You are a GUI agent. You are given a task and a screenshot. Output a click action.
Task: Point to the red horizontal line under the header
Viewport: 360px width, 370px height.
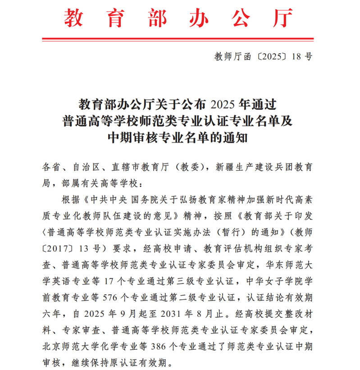180,40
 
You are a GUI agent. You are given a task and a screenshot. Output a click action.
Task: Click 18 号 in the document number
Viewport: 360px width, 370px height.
302,57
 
